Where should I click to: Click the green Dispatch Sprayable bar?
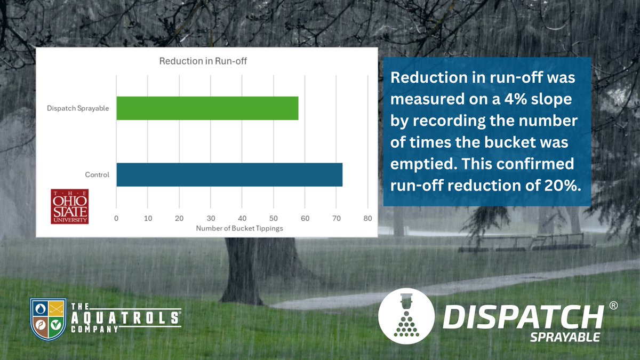click(207, 108)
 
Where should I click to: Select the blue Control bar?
click(229, 175)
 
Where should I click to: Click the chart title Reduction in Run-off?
click(203, 61)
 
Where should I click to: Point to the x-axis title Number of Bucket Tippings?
click(239, 228)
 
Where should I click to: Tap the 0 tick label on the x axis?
click(116, 218)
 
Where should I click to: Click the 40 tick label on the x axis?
click(242, 218)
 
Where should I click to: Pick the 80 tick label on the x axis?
click(367, 218)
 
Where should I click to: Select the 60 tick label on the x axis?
click(305, 218)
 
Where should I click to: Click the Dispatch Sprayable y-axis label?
click(78, 108)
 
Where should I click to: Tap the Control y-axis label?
click(97, 175)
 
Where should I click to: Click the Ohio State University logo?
click(69, 206)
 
